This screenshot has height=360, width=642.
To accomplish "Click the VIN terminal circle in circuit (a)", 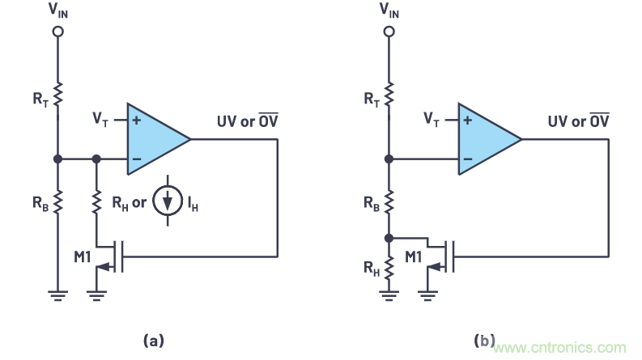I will [x=57, y=32].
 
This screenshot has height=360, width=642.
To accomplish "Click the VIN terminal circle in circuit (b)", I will [x=389, y=32].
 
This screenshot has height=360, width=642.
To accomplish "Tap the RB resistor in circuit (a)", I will [x=57, y=201].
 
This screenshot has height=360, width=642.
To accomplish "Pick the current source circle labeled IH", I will [x=167, y=201].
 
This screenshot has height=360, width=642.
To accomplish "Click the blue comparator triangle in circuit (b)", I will [x=487, y=139].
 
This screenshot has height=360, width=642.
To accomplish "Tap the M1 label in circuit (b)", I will [x=415, y=256].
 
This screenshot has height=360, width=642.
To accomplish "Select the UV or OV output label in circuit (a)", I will [x=245, y=121].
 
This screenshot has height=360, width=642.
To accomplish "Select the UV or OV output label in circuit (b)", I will [x=577, y=121].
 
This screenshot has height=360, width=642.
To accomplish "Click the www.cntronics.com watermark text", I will [x=566, y=347].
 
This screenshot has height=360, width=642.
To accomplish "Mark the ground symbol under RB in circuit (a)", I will [x=57, y=295].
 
